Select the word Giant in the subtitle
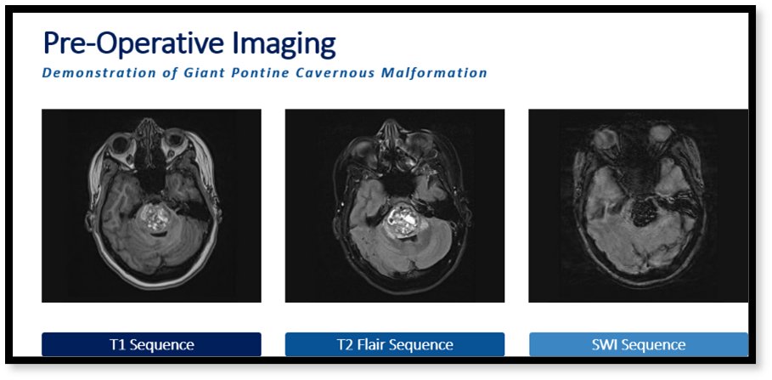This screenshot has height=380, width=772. point(206,73)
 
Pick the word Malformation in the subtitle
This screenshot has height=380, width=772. point(437,73)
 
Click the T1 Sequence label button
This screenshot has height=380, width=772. point(151,344)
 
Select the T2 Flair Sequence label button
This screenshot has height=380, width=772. point(394,344)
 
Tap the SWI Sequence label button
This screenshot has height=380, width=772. point(638,344)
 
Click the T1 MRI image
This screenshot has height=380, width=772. point(151,205)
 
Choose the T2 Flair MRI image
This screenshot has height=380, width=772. point(394,205)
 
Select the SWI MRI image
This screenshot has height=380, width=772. point(638,205)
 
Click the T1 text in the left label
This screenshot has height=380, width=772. point(117,344)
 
